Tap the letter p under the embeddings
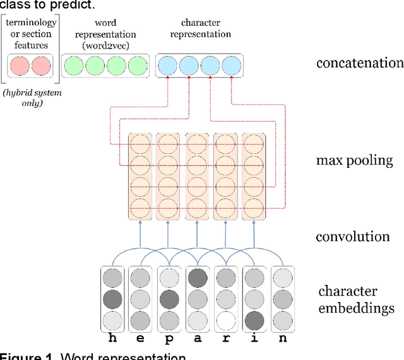(169, 339)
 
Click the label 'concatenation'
(360, 63)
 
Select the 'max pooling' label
(354, 160)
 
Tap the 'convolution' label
(353, 236)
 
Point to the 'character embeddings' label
(356, 299)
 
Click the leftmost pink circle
(19, 66)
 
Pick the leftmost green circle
(74, 66)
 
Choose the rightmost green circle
(137, 66)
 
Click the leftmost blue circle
(168, 66)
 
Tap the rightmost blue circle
(232, 66)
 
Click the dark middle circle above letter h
(112, 298)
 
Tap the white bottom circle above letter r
(226, 320)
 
